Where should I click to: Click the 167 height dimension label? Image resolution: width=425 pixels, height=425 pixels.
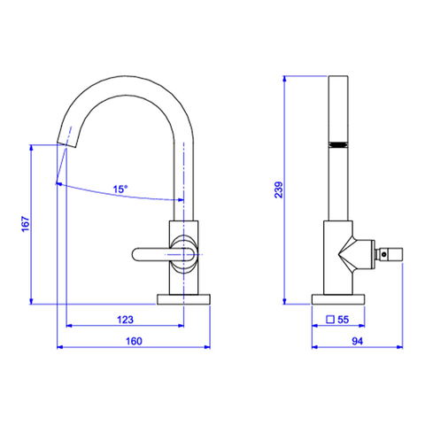click(x=26, y=224)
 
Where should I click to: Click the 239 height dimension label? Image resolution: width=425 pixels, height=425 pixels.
click(x=279, y=189)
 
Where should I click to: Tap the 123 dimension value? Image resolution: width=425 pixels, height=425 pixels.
click(x=125, y=320)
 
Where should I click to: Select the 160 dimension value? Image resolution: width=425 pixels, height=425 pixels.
click(x=134, y=341)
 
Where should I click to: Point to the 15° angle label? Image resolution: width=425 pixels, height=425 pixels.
click(x=120, y=189)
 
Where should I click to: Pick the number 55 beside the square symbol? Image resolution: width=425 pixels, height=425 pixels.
click(x=343, y=320)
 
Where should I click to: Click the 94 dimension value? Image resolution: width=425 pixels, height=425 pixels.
click(x=357, y=341)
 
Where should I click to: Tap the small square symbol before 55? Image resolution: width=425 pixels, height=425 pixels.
click(x=330, y=320)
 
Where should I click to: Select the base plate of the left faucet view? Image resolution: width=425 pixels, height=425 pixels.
click(x=183, y=299)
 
